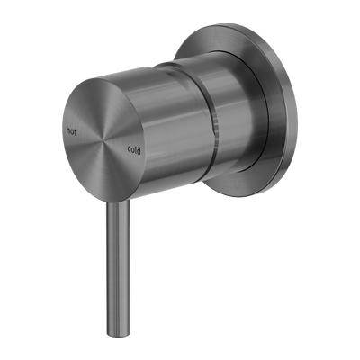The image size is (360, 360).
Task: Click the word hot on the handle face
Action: coord(73,129)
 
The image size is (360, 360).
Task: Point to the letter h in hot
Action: coord(68,128)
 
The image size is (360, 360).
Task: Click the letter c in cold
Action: coord(128,148)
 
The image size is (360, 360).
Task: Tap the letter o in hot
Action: coord(73,130)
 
